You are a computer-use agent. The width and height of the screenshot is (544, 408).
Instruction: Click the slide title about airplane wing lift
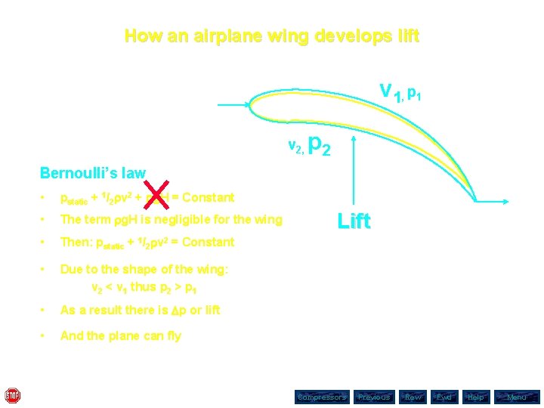click(x=271, y=36)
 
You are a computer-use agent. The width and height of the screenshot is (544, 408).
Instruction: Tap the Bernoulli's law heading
click(x=92, y=173)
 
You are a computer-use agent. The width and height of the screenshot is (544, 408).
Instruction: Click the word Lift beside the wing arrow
click(x=354, y=221)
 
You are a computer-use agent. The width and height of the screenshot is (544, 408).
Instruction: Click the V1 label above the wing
click(x=390, y=93)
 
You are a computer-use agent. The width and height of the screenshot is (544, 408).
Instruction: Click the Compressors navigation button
click(x=321, y=397)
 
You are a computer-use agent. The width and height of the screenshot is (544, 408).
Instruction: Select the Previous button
click(x=374, y=397)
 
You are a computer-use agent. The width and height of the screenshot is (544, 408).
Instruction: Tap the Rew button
click(x=413, y=397)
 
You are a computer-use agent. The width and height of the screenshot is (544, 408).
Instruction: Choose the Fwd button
click(x=444, y=397)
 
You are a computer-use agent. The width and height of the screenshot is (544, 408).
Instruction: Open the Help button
click(x=475, y=397)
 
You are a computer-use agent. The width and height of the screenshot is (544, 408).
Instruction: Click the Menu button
click(x=517, y=397)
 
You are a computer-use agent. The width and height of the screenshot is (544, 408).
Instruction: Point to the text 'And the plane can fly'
click(x=121, y=335)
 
